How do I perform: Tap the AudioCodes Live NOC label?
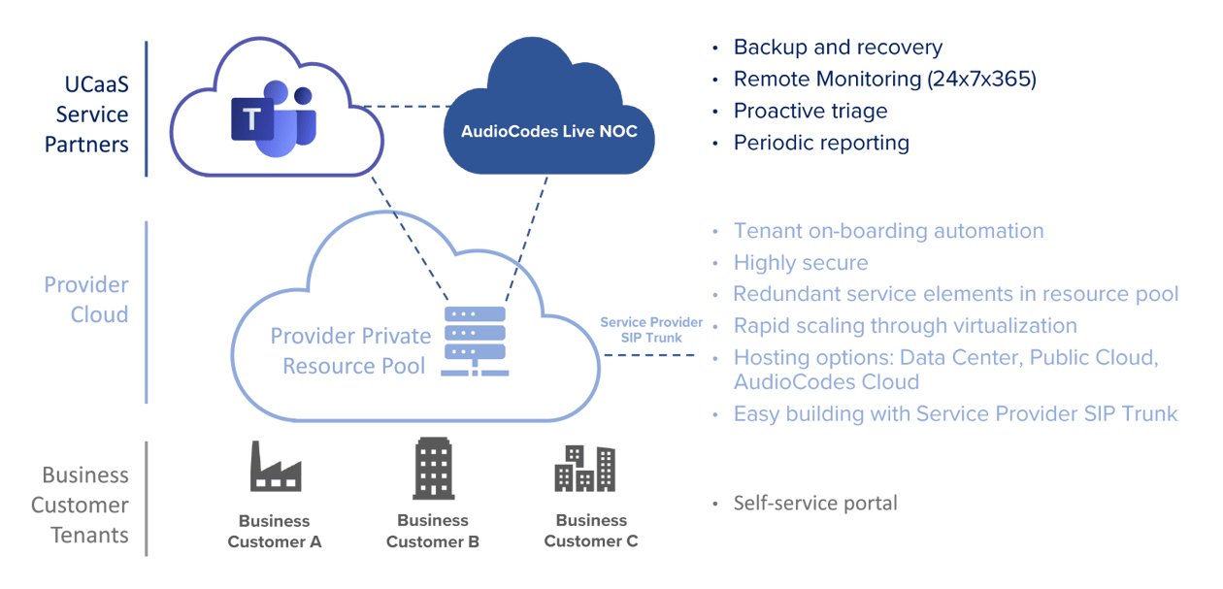549,131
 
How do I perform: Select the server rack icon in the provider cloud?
476,341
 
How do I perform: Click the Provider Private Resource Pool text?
350,351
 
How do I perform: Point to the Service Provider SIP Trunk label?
645,330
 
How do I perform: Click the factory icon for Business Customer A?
275,469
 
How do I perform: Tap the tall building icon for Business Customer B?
433,469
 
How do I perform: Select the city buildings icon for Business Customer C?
585,469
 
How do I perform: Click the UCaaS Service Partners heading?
92,115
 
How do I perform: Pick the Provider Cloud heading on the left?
86,300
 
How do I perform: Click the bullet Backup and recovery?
838,48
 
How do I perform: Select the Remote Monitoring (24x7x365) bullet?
884,80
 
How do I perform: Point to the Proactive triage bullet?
810,112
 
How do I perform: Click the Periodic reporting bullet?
821,144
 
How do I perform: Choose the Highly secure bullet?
801,263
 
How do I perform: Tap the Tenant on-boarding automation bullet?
888,232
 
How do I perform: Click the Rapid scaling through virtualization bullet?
905,326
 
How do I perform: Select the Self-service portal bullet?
815,504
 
